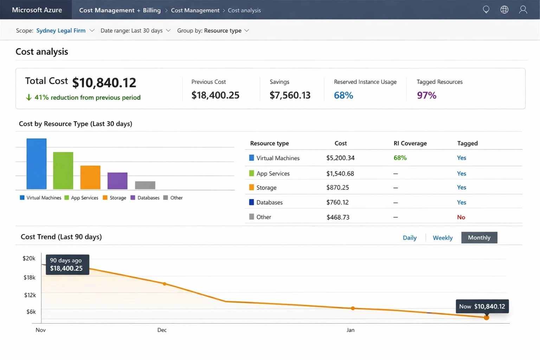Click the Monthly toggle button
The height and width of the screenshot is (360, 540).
479,238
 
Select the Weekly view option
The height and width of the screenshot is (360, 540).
442,238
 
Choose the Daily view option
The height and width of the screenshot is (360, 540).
410,238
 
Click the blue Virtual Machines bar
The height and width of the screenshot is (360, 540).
37,164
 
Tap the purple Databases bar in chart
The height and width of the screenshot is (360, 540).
117,181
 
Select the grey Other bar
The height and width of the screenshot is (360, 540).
145,185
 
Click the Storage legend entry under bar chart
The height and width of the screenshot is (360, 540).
115,198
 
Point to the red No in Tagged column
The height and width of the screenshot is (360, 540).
461,217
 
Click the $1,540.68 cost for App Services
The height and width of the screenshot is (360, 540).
340,174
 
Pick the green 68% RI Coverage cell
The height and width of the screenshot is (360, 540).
400,158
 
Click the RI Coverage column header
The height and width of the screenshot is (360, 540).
410,143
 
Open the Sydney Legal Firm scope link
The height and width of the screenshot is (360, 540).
61,31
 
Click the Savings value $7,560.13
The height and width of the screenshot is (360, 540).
290,95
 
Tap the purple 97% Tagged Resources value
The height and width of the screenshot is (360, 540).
426,95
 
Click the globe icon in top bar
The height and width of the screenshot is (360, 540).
504,10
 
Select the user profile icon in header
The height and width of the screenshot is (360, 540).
523,10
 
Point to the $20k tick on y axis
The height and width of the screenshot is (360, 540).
29,258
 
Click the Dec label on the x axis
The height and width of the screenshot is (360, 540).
162,330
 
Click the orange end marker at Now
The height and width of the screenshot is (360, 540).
486,317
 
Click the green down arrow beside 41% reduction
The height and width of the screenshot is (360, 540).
29,97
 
